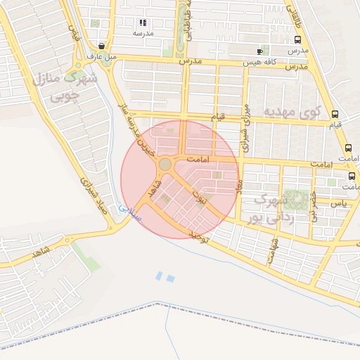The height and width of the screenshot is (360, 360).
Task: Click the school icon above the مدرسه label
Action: (144, 22)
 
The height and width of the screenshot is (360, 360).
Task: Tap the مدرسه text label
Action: (143, 33)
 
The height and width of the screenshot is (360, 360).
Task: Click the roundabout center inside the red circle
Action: (165, 164)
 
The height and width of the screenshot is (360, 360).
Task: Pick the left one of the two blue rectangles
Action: (158, 275)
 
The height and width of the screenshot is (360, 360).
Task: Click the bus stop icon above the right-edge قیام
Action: (335, 114)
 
